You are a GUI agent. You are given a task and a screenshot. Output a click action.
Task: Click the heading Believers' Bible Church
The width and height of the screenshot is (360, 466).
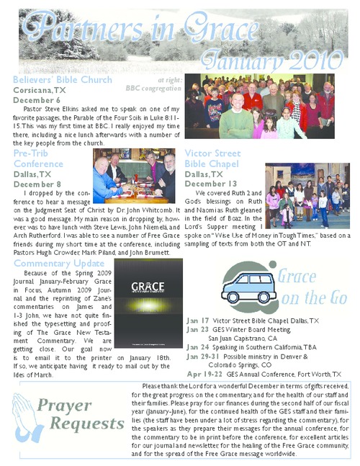(63, 80)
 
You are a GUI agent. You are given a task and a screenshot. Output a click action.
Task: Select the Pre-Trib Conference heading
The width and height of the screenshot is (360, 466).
(38, 158)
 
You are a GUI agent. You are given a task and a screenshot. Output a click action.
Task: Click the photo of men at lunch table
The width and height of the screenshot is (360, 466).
(134, 176)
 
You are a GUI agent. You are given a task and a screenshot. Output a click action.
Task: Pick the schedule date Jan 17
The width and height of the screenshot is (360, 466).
(197, 320)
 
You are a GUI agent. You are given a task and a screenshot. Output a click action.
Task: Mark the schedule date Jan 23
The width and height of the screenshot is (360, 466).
(197, 328)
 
